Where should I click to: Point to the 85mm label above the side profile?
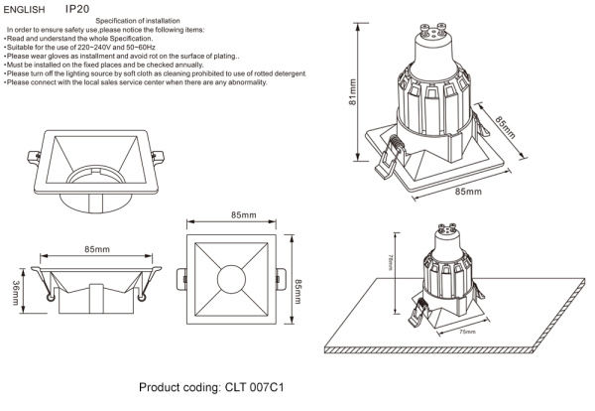pyautogui.click(x=96, y=248)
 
